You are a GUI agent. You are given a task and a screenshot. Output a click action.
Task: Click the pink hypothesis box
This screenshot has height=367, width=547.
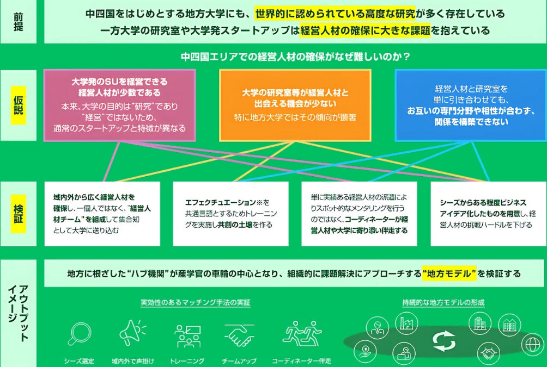[x=119, y=104]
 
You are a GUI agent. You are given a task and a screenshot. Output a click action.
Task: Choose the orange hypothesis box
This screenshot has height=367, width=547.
[x=295, y=104]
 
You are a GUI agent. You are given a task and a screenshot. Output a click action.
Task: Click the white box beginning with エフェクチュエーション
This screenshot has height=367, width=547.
[x=234, y=214]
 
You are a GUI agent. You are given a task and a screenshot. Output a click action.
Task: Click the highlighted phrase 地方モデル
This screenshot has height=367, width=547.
[x=449, y=273]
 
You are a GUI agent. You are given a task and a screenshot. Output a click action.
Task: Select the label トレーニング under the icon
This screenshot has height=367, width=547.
[x=187, y=360]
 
